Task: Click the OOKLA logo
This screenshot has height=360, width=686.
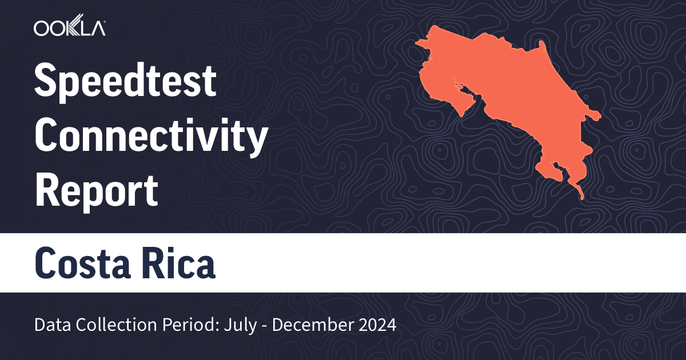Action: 69,29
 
